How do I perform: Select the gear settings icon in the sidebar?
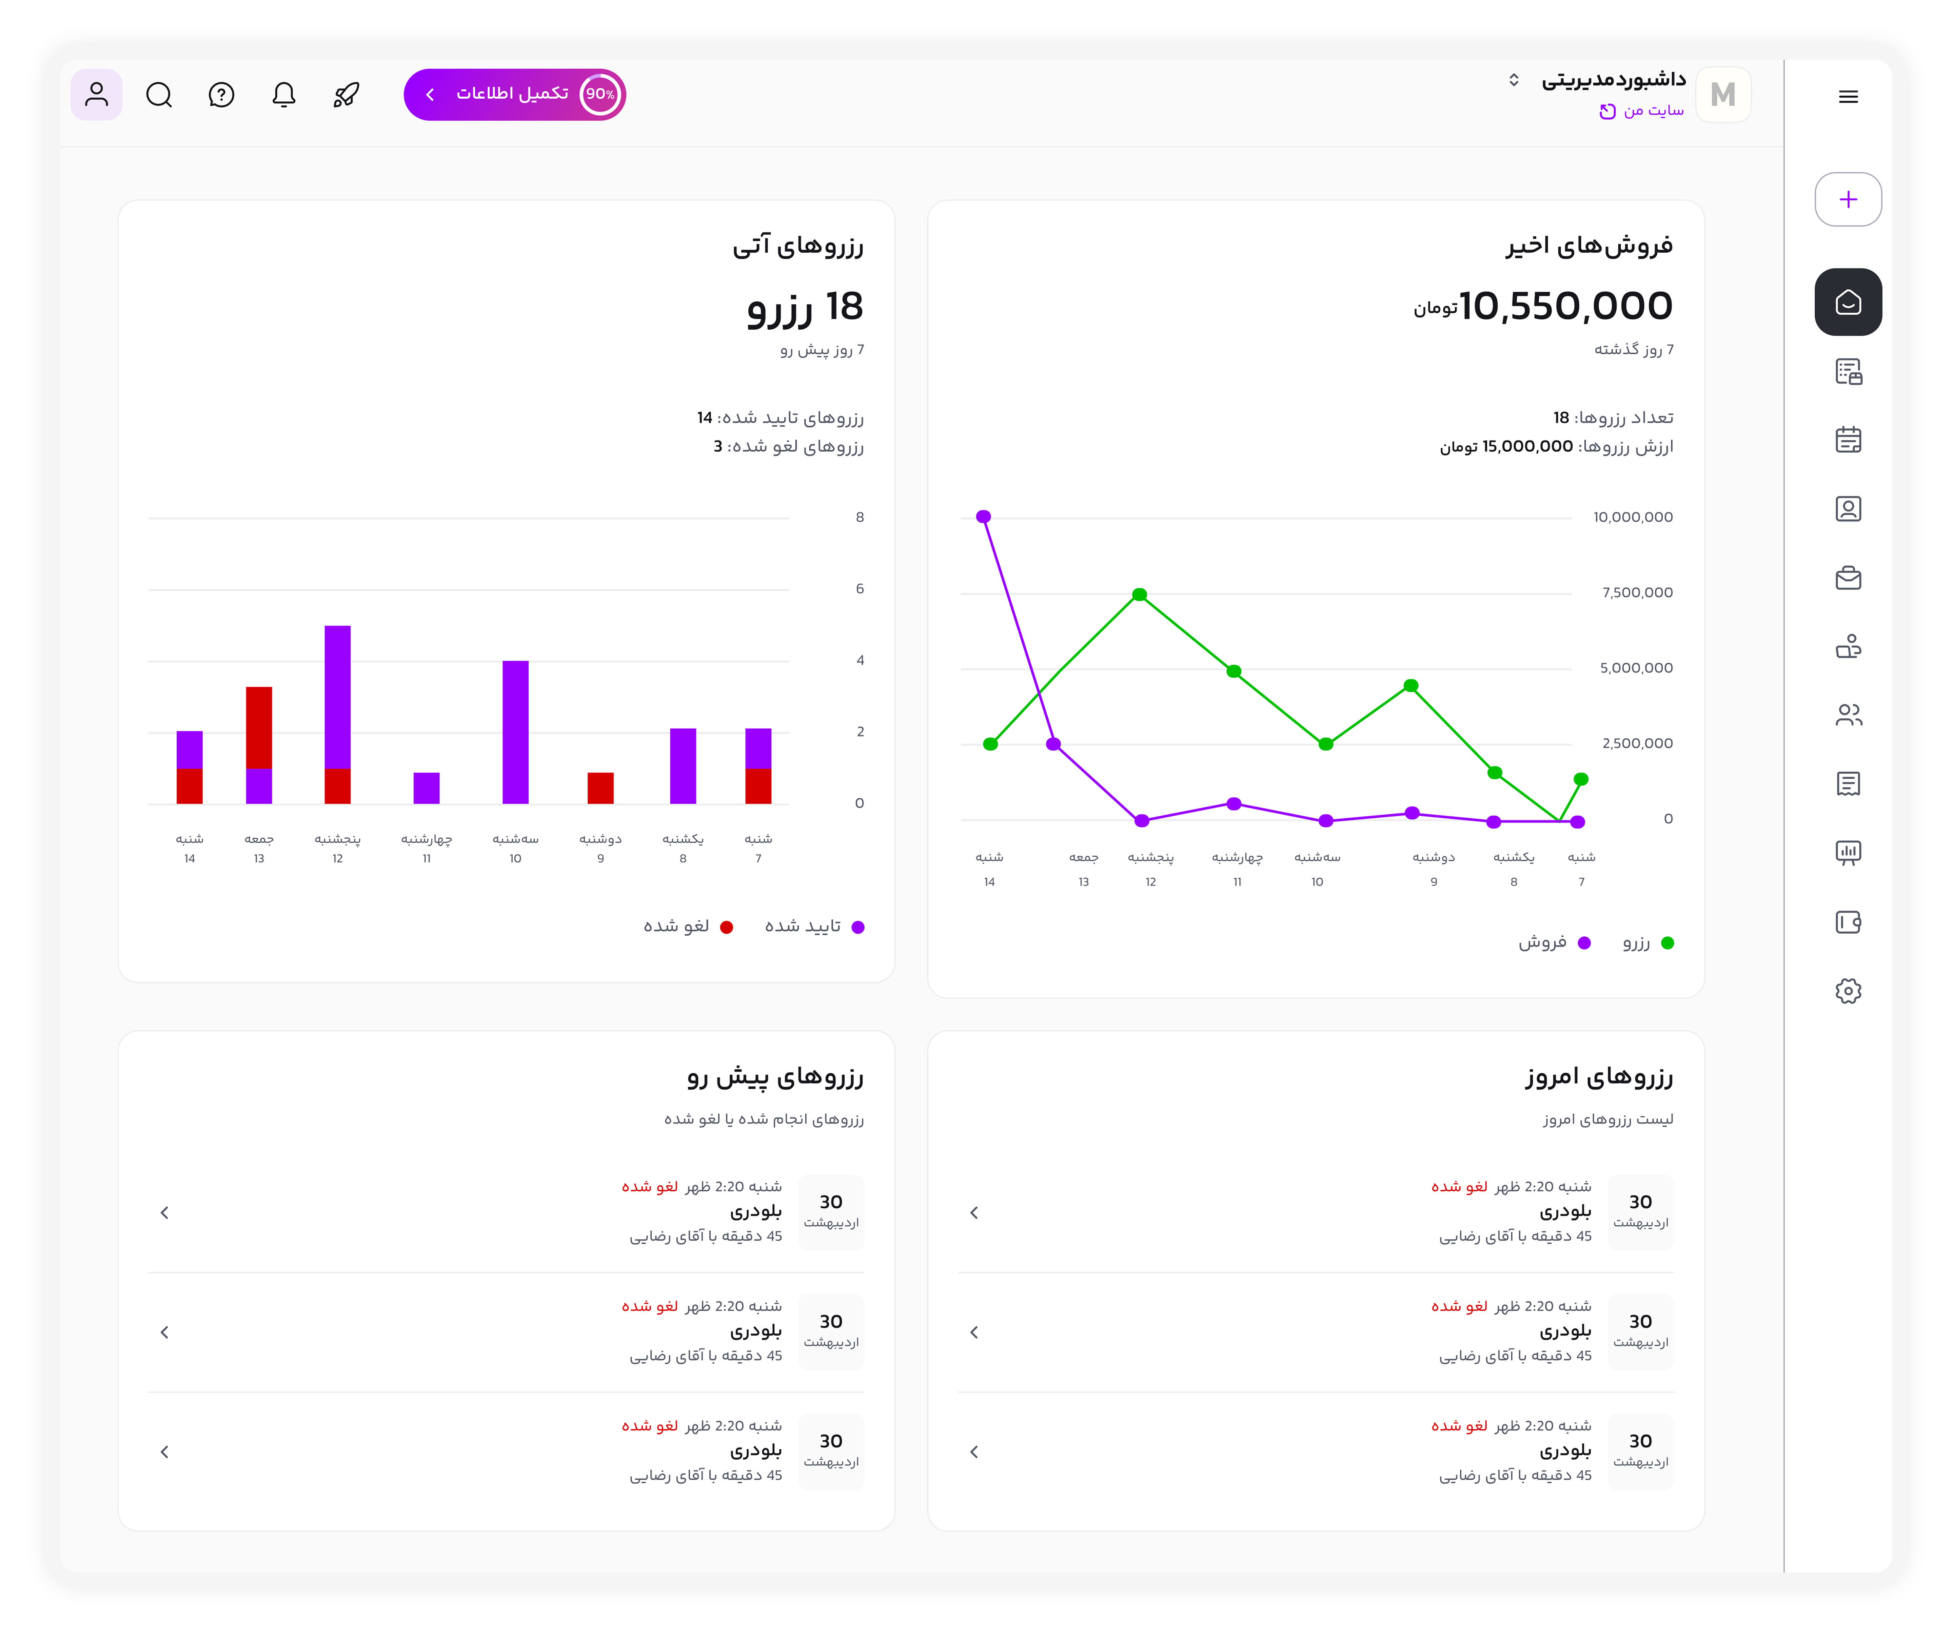(x=1848, y=991)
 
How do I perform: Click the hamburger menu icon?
(x=1848, y=97)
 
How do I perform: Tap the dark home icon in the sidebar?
(x=1848, y=302)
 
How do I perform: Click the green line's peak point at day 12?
(x=1139, y=594)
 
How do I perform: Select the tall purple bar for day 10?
(x=515, y=732)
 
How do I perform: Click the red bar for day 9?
(x=601, y=788)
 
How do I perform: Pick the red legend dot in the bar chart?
(x=726, y=927)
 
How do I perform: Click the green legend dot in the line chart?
(x=1668, y=943)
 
